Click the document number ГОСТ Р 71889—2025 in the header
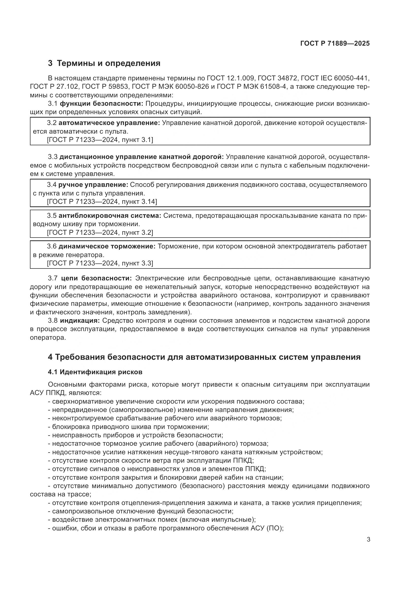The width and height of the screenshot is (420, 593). [x=335, y=43]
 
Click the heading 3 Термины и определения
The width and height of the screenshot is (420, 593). [x=104, y=63]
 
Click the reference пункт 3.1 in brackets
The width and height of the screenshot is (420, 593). [x=137, y=140]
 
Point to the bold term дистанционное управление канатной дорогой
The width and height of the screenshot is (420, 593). [x=141, y=157]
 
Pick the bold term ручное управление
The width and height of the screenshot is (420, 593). [x=93, y=185]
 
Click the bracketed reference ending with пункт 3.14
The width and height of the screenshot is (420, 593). [x=102, y=202]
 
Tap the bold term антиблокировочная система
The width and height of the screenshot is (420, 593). [x=110, y=216]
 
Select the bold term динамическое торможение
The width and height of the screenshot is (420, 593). [x=107, y=246]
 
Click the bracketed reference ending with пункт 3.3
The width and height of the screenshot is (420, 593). [x=100, y=263]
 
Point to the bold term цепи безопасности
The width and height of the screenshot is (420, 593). [x=96, y=278]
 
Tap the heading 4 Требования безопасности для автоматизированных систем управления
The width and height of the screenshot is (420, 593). [x=204, y=357]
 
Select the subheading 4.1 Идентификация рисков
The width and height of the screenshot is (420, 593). [x=95, y=372]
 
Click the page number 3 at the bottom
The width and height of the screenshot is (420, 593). [x=368, y=540]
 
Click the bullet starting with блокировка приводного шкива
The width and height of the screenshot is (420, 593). [x=128, y=427]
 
